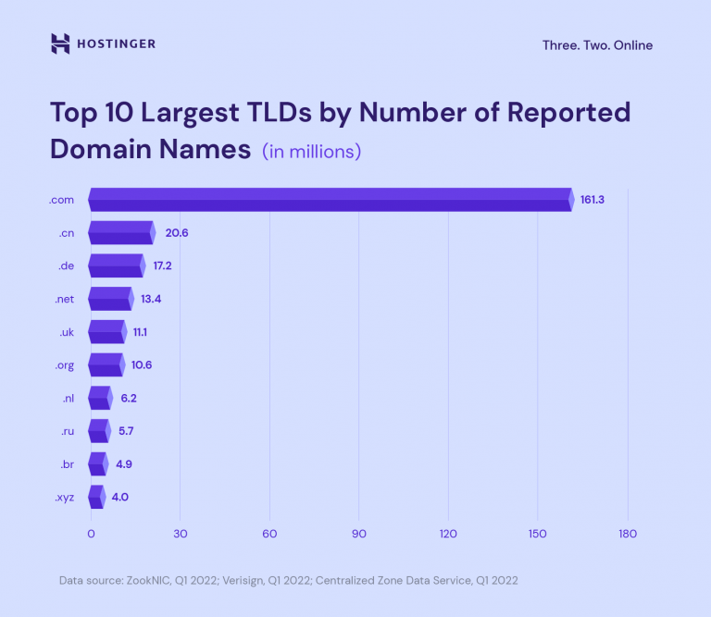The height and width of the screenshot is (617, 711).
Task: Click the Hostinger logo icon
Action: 60,43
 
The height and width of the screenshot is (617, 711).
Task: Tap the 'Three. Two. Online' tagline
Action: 597,45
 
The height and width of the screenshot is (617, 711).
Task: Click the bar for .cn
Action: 121,233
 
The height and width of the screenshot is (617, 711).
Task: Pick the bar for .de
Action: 117,265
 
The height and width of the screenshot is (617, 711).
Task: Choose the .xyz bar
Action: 96,497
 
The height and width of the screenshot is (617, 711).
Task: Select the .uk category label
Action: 67,332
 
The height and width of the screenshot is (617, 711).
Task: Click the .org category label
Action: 65,364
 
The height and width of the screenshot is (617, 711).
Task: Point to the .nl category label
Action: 68,398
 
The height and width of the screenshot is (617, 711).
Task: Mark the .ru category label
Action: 67,431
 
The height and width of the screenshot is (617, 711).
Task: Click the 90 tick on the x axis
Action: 359,534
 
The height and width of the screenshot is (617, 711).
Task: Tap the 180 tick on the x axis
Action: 628,534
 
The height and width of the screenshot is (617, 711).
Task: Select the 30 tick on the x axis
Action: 180,534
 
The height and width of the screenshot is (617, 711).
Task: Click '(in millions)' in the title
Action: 311,151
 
